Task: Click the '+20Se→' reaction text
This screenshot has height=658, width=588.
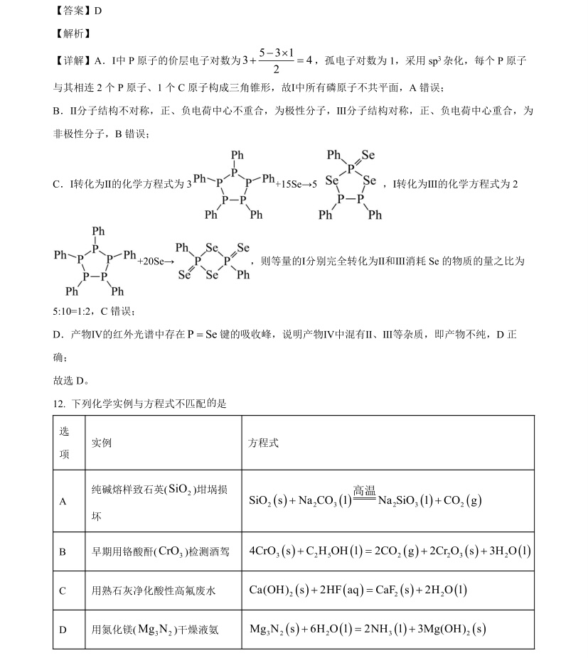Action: [x=156, y=261]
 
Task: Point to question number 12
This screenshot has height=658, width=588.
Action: [x=59, y=404]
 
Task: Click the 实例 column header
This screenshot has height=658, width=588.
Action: [x=102, y=443]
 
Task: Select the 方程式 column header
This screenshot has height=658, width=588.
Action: [x=263, y=443]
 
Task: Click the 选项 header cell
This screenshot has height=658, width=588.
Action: [x=65, y=443]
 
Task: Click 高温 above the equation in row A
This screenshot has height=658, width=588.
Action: [x=363, y=490]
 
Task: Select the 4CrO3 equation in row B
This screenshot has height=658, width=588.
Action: [x=390, y=551]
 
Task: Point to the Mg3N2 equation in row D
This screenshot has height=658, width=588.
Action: [x=368, y=629]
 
